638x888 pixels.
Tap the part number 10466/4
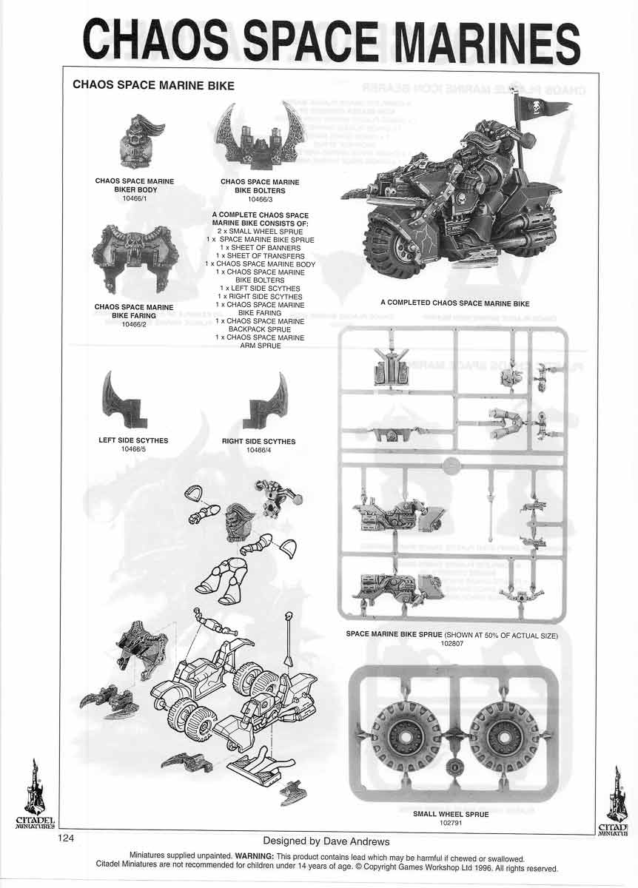tap(258, 450)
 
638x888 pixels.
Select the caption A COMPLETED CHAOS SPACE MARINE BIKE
tap(454, 303)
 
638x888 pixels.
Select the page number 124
tap(67, 838)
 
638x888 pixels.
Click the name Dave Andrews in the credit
tap(351, 841)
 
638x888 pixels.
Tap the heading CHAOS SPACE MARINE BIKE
tap(153, 86)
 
